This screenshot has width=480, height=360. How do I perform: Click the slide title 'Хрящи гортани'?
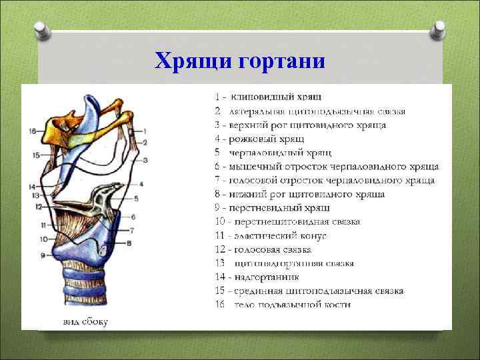coord(239,62)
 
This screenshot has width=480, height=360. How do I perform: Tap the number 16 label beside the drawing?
coord(32,131)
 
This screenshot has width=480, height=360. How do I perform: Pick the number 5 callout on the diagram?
coord(136,199)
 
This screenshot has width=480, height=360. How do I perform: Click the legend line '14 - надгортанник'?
coord(257,277)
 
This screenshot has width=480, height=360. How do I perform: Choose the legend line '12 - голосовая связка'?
coord(263,249)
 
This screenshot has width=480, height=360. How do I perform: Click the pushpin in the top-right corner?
coord(438,29)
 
